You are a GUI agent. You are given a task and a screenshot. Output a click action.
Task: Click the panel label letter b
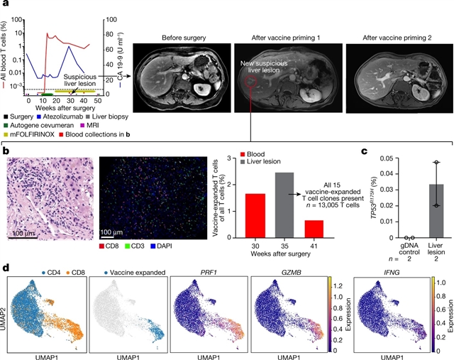6,151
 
